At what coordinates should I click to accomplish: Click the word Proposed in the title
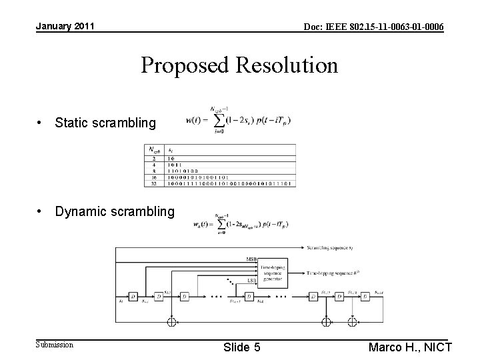point(182,65)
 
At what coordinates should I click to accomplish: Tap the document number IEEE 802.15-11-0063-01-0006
point(374,27)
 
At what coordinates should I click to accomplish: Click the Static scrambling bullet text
point(105,123)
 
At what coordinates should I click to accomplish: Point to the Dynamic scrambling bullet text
point(115,211)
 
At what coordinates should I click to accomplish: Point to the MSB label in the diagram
point(251,259)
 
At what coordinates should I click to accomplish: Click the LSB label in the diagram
point(251,281)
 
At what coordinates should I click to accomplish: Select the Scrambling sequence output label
point(338,249)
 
